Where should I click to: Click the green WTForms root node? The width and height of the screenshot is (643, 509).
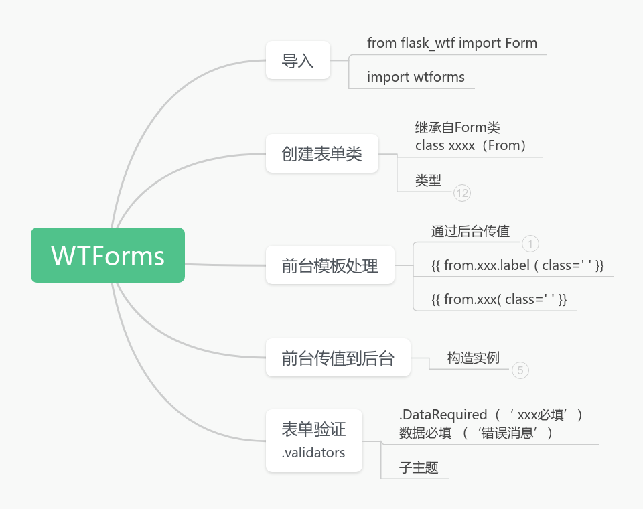click(108, 255)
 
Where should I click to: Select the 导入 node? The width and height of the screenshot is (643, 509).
click(298, 61)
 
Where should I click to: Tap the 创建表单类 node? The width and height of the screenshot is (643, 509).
click(322, 153)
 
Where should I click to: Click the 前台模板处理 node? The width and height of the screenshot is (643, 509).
click(330, 265)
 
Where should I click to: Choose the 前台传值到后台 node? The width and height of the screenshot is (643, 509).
click(338, 358)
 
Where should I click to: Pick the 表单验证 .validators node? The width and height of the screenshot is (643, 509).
click(314, 440)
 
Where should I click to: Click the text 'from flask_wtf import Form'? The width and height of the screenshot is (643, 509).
click(452, 43)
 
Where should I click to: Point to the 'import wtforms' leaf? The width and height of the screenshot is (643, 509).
click(416, 77)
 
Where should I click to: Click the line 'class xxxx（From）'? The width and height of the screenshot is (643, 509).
click(471, 145)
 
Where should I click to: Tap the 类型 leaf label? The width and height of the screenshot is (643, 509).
click(429, 180)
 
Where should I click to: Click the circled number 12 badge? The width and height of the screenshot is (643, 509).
click(462, 193)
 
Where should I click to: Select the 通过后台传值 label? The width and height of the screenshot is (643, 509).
click(470, 232)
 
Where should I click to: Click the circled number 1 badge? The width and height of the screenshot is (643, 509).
click(530, 244)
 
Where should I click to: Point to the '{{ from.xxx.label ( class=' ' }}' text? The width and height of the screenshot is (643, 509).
click(518, 265)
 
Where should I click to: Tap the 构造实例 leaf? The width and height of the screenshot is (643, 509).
click(474, 358)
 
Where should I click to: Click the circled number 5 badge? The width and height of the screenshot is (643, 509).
click(520, 370)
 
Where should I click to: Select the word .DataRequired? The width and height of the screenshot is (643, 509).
click(443, 415)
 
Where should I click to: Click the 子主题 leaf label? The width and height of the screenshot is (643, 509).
click(419, 467)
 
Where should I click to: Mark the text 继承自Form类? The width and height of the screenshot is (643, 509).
click(457, 127)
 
